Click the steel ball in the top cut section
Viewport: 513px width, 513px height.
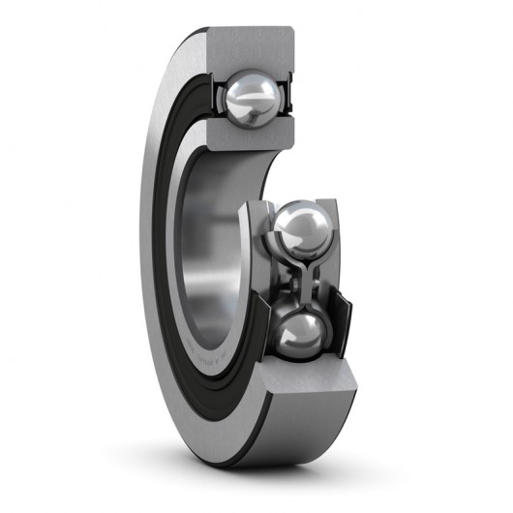[255, 99]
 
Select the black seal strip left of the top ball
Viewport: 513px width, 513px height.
[216, 97]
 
